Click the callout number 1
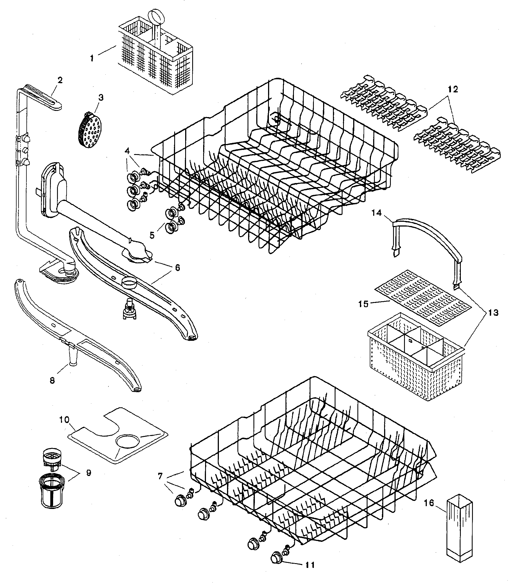(92, 59)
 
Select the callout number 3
(101, 97)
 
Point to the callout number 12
(453, 89)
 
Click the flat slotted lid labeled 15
(423, 298)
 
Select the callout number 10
(64, 420)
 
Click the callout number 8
(52, 380)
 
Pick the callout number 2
(60, 80)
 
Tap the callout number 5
(152, 235)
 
